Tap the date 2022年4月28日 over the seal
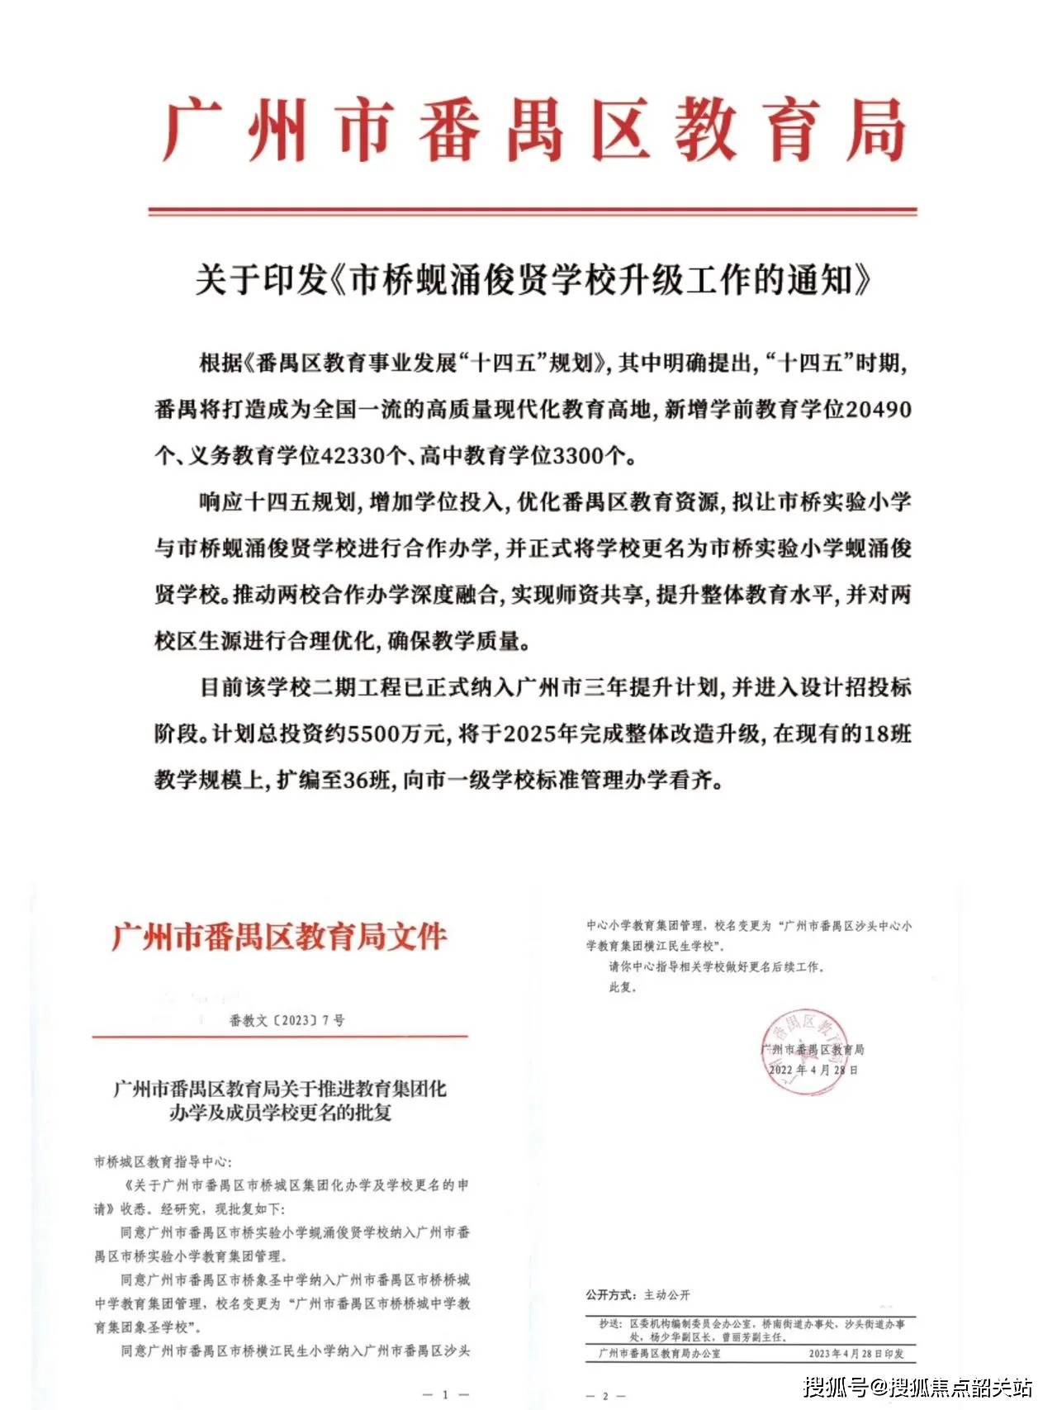[x=813, y=1070]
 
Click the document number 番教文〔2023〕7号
[x=287, y=1020]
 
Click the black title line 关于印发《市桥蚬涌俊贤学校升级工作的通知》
[x=533, y=281]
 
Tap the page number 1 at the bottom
[x=444, y=1394]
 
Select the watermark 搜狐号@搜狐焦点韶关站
[x=918, y=1385]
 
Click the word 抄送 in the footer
[x=610, y=1323]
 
